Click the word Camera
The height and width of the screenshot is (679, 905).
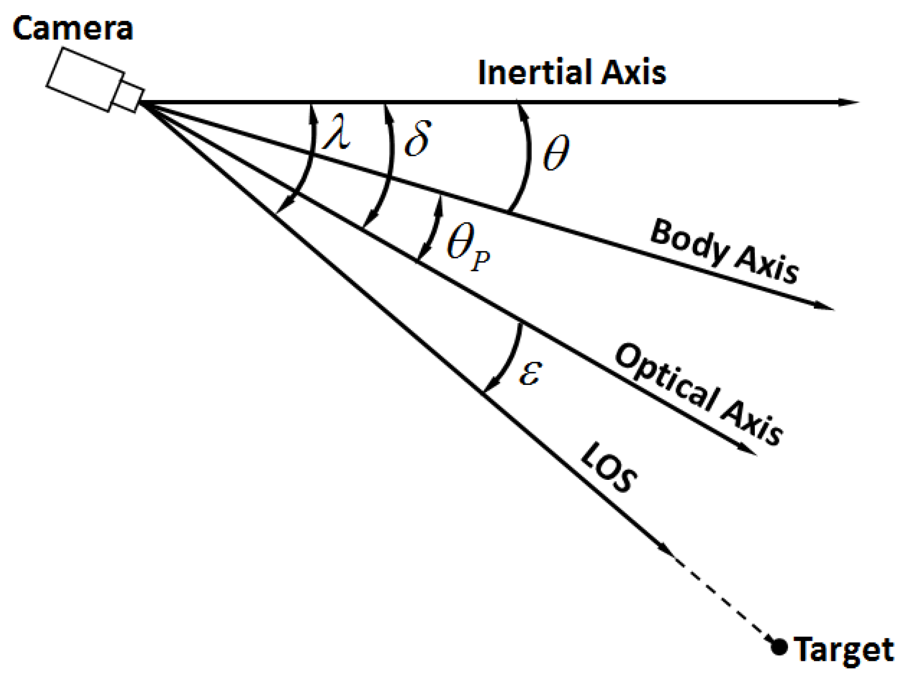click(x=73, y=29)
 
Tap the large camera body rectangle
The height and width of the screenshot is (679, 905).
click(x=85, y=80)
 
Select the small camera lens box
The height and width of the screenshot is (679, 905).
click(x=129, y=98)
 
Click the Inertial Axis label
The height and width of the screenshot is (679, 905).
click(x=572, y=73)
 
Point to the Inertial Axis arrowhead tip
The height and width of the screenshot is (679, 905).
click(x=859, y=102)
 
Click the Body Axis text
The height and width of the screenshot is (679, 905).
click(x=724, y=251)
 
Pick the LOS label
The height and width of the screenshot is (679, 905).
click(x=609, y=468)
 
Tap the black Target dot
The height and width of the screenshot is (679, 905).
click(x=779, y=647)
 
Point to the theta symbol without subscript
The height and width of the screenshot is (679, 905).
click(x=556, y=153)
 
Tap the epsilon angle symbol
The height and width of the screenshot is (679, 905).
click(x=530, y=373)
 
